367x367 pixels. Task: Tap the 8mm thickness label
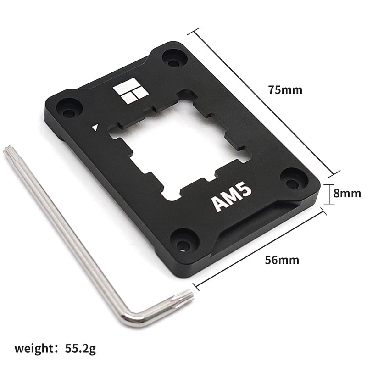click(347, 193)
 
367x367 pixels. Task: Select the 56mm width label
click(282, 260)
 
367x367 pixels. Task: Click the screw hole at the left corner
click(69, 111)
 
